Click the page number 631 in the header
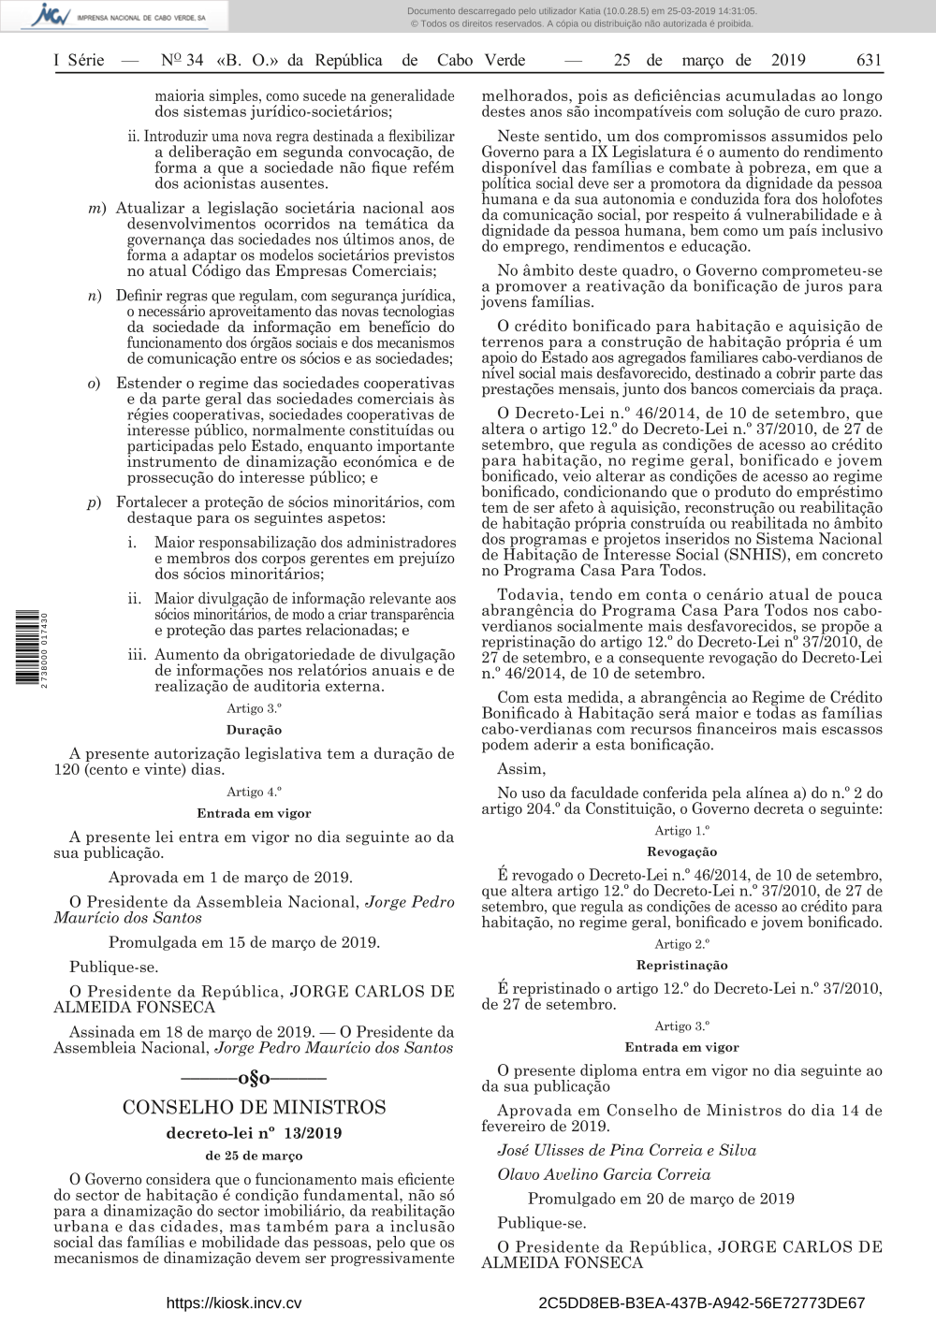point(868,61)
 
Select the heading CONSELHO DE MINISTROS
point(254,1108)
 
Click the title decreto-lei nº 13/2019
point(254,1133)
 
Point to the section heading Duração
point(254,730)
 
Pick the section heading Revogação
point(681,851)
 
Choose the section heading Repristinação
point(681,965)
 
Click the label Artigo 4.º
point(254,792)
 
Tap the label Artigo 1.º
point(681,831)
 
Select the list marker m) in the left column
point(96,209)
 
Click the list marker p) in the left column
point(95,502)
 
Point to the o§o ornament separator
point(254,1079)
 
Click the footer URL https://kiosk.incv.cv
point(233,1302)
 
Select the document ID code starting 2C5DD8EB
point(702,1302)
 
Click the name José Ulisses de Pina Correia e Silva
point(626,1151)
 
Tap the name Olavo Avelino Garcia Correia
point(604,1174)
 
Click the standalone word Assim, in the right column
point(521,769)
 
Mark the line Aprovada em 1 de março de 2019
point(230,878)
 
